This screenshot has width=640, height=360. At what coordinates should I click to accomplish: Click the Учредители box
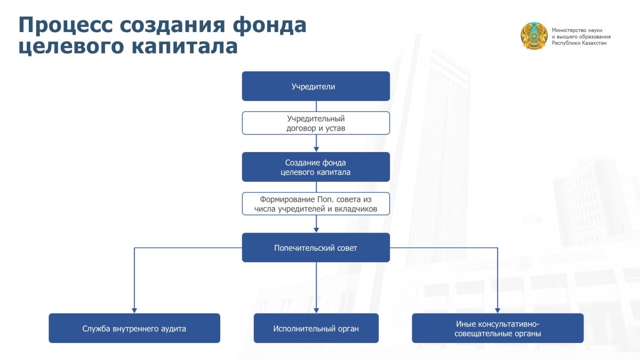coord(316,86)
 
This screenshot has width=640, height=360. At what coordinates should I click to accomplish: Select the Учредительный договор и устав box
coord(316,123)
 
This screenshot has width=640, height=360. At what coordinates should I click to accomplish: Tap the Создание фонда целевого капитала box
coord(316,167)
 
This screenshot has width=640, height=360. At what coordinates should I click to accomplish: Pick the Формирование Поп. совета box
coord(316,204)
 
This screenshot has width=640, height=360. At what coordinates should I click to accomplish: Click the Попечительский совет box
coord(316,247)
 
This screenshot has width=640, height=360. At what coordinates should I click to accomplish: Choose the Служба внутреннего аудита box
coord(134,328)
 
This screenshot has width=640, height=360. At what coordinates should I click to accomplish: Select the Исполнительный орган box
coord(316,328)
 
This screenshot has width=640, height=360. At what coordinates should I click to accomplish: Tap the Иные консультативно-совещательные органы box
coord(498,328)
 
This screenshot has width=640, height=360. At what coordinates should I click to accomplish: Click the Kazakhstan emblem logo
coord(534,36)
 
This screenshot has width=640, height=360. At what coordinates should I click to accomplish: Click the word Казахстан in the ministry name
coord(591,43)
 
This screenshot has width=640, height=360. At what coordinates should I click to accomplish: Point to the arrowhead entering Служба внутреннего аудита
coord(134,309)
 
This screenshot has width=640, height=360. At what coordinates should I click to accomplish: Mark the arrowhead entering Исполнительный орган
coord(316,309)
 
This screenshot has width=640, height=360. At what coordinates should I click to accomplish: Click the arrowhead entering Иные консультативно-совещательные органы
coord(498,309)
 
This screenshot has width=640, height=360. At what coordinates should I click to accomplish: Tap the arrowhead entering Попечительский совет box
coord(316,229)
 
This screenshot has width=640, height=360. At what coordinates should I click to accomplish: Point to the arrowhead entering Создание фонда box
coord(316,149)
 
